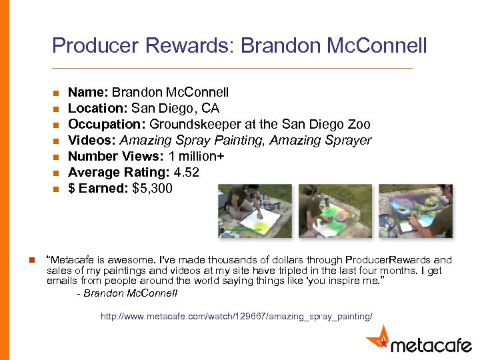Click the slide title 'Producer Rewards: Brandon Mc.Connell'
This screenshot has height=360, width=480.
[239, 46]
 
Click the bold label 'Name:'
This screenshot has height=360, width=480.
[88, 93]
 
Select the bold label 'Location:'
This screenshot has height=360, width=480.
[98, 109]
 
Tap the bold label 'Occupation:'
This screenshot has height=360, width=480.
[107, 125]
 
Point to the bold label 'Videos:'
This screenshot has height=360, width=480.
[91, 141]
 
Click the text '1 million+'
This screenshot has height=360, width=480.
[197, 157]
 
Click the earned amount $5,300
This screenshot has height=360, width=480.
[153, 189]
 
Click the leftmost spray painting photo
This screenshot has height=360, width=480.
[255, 211]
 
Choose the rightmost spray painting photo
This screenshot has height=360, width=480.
[416, 211]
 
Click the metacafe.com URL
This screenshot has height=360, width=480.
[237, 316]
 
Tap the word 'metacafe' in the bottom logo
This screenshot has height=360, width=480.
[431, 345]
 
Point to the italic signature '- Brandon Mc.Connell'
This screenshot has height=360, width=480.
[127, 293]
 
